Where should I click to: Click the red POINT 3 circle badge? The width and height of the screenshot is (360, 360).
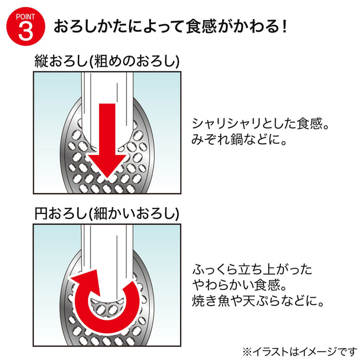point(26,26)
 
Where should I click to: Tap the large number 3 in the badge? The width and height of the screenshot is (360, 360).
point(26,31)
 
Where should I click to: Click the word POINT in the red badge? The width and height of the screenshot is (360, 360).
point(26,17)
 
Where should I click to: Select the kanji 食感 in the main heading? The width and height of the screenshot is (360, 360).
point(201,27)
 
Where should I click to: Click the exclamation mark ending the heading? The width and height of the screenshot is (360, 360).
point(284,26)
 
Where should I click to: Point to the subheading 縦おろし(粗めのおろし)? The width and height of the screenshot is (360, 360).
point(107,61)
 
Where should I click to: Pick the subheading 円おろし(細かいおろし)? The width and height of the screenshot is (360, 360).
point(107,213)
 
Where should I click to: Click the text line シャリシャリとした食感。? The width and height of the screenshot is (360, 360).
point(261,123)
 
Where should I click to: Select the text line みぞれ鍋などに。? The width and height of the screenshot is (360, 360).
point(239,139)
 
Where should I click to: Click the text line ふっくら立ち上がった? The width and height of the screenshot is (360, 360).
point(253,269)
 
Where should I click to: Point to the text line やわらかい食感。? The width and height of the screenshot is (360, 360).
point(240,285)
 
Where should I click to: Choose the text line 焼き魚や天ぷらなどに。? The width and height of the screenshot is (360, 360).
point(258,301)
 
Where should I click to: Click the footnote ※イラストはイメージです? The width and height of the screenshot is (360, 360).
point(300,351)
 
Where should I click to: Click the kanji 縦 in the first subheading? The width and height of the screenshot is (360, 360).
point(41,61)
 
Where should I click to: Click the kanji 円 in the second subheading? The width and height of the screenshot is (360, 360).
point(41,213)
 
